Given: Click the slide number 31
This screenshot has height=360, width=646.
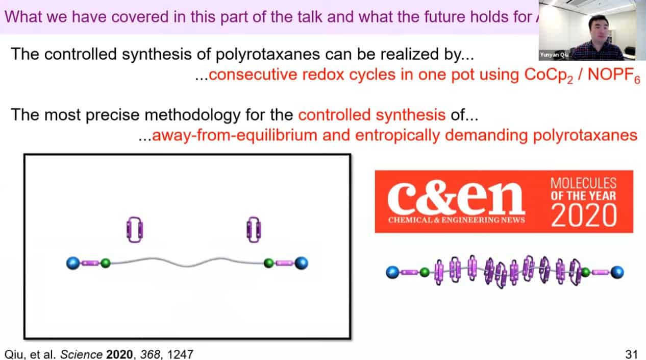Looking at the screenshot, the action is [x=631, y=354].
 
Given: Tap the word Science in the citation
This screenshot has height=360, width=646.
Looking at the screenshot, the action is [x=81, y=354].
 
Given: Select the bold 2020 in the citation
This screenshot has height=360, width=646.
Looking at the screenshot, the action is [x=120, y=354].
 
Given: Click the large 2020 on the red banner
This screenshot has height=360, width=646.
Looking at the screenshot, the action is [x=584, y=215].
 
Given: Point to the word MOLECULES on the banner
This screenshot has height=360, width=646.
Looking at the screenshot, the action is [x=583, y=183].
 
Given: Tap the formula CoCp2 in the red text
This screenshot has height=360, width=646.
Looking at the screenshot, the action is [x=549, y=76].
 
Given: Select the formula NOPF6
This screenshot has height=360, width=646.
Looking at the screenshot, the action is [x=613, y=76].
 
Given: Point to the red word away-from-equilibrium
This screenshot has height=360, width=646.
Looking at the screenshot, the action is [x=234, y=135].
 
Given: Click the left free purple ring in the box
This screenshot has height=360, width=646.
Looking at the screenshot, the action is [x=135, y=230].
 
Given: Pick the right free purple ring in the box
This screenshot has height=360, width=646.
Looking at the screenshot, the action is [x=254, y=230].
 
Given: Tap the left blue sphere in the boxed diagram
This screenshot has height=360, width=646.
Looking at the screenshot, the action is [x=73, y=263].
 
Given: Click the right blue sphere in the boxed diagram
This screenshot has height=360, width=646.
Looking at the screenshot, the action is [x=302, y=263].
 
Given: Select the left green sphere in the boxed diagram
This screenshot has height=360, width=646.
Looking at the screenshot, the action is [x=106, y=263].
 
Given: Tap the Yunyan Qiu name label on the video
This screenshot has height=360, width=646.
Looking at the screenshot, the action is [x=554, y=55].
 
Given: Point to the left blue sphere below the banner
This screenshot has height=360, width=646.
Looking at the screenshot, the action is [x=392, y=272].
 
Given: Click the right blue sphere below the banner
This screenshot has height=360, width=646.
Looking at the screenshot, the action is [x=617, y=272].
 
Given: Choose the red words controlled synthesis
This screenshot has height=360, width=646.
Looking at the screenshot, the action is [x=372, y=115].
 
